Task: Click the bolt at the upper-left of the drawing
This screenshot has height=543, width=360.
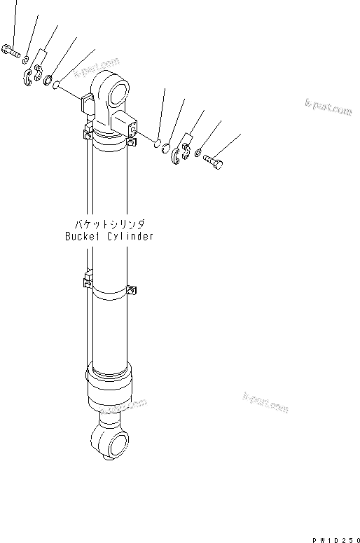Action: click(12, 50)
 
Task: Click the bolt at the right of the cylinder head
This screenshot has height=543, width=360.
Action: click(214, 161)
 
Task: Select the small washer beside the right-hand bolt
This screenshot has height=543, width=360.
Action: click(199, 153)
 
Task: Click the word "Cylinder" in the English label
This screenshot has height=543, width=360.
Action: click(130, 236)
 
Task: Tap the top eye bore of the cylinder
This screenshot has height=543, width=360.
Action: click(120, 91)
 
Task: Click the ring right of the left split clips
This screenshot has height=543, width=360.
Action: click(50, 81)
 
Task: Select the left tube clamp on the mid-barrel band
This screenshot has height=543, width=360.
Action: click(88, 281)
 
